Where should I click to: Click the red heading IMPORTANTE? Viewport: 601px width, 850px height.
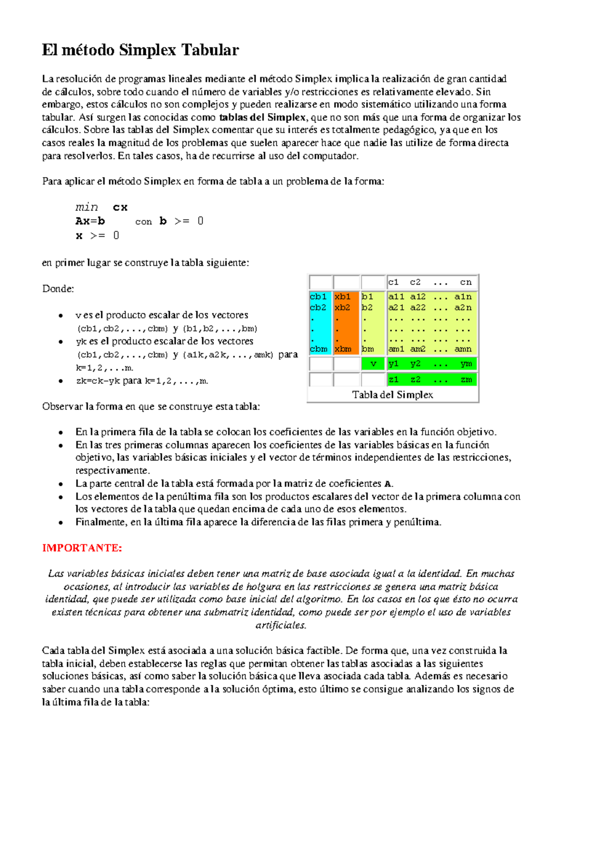(82, 548)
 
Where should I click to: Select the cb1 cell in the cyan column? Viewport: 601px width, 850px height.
(318, 296)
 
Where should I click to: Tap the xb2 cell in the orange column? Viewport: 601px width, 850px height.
(343, 307)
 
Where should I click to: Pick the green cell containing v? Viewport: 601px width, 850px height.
(373, 364)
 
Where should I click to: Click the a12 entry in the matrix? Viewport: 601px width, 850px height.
(418, 296)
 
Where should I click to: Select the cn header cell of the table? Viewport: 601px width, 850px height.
(466, 282)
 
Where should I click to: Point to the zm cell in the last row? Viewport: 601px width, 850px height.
(466, 380)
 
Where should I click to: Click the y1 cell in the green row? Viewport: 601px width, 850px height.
(394, 364)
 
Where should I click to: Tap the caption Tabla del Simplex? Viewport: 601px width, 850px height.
(393, 395)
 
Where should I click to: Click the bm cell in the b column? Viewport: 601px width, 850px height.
(368, 349)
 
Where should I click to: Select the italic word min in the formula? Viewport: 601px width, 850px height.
(87, 207)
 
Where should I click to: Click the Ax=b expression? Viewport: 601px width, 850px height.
(90, 221)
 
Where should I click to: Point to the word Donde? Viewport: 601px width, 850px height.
(58, 289)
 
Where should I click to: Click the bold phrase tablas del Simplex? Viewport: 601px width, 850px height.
(262, 118)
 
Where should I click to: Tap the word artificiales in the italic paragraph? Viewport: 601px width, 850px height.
(280, 625)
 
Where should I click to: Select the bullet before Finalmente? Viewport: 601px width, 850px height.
(61, 523)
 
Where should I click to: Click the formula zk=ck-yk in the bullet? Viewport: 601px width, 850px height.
(98, 381)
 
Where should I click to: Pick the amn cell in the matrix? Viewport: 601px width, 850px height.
(463, 349)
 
